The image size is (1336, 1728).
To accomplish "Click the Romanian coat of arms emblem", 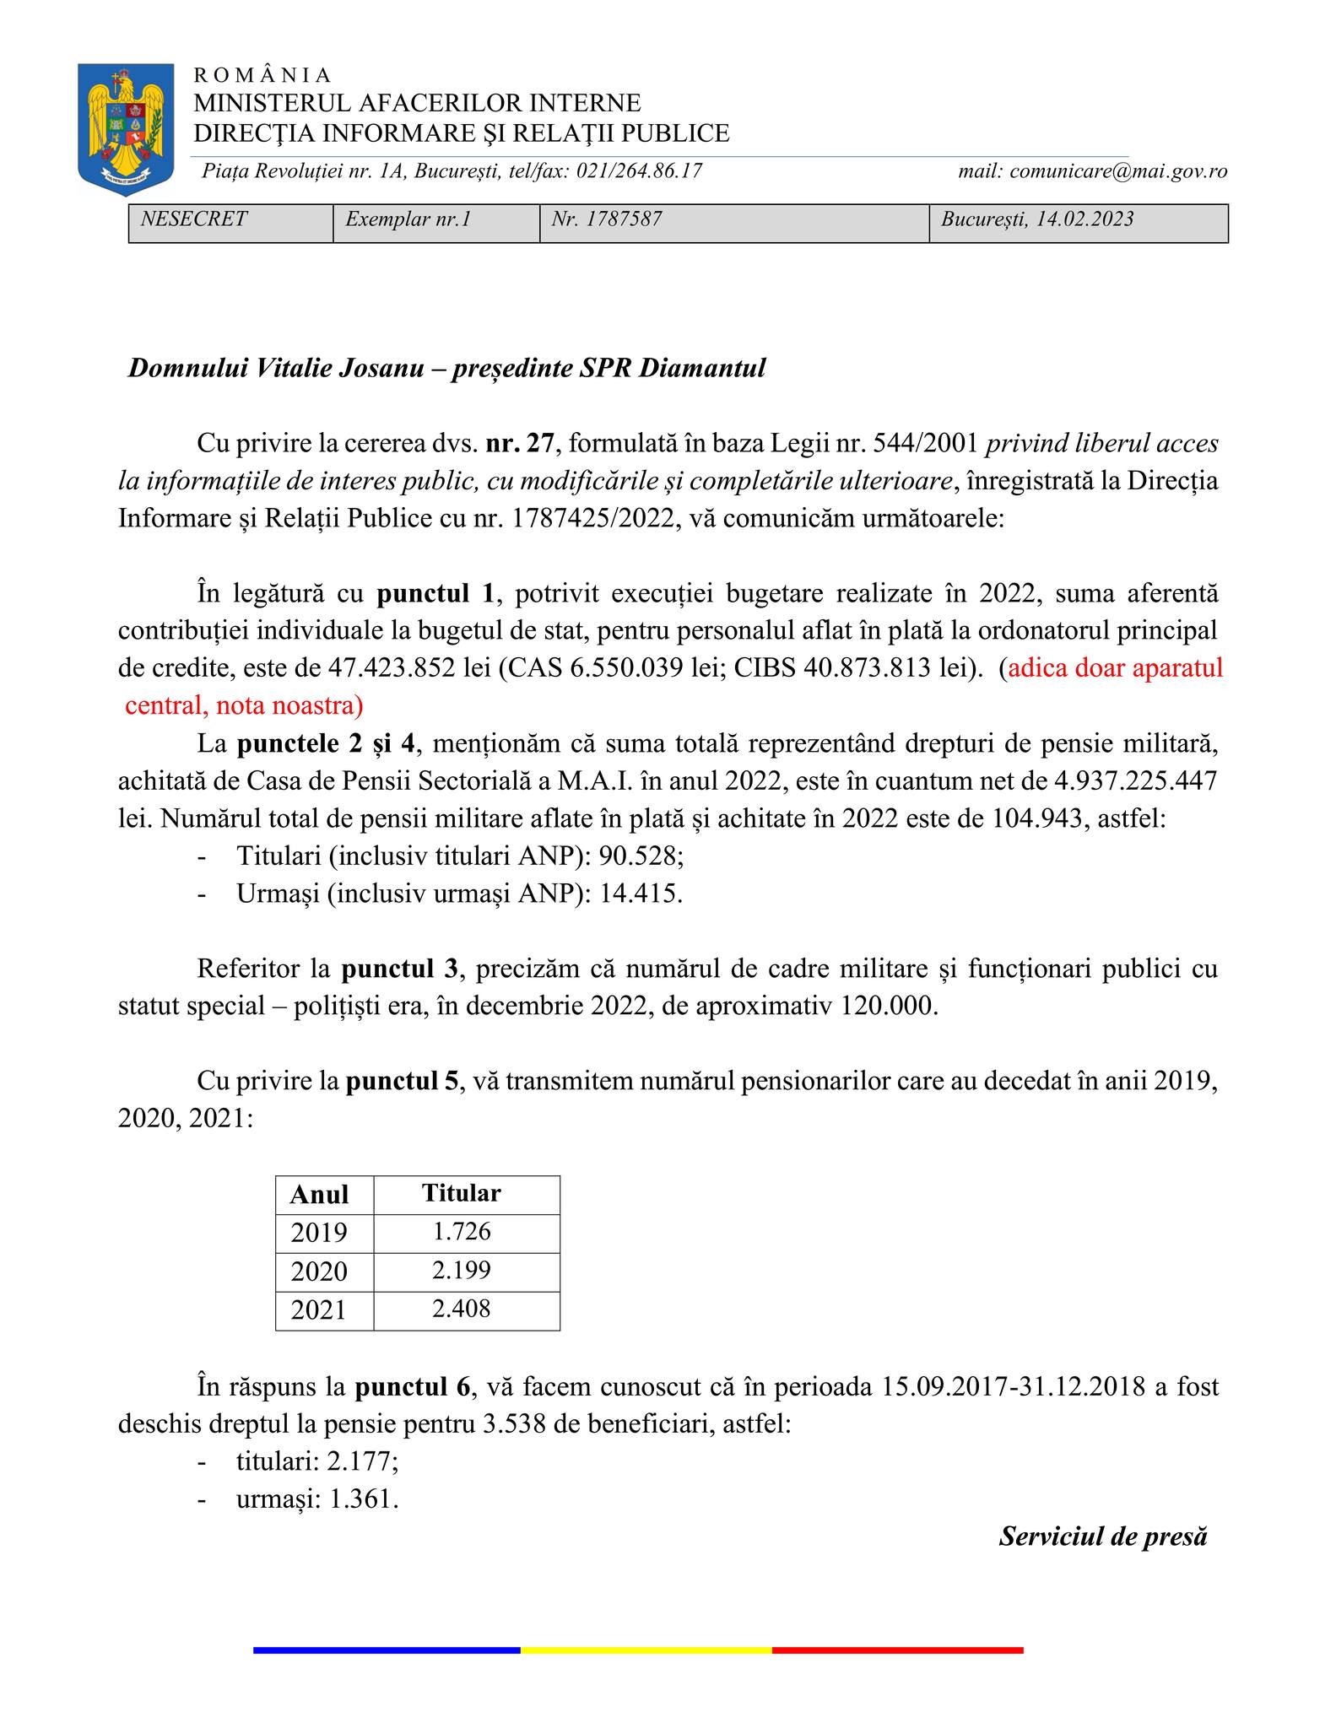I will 125,128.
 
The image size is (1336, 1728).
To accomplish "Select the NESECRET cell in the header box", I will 194,219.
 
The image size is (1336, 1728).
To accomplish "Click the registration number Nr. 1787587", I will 606,219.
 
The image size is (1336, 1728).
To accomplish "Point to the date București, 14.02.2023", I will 1037,219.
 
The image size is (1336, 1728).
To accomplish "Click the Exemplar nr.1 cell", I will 408,219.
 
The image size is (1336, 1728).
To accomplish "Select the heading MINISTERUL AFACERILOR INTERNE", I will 417,103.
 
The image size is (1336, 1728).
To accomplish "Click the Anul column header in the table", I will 320,1195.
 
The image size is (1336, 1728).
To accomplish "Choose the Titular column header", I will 462,1193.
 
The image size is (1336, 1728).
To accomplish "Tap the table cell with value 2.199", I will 462,1271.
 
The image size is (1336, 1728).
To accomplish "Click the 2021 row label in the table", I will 320,1309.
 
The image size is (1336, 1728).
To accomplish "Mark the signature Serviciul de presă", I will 1103,1536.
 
